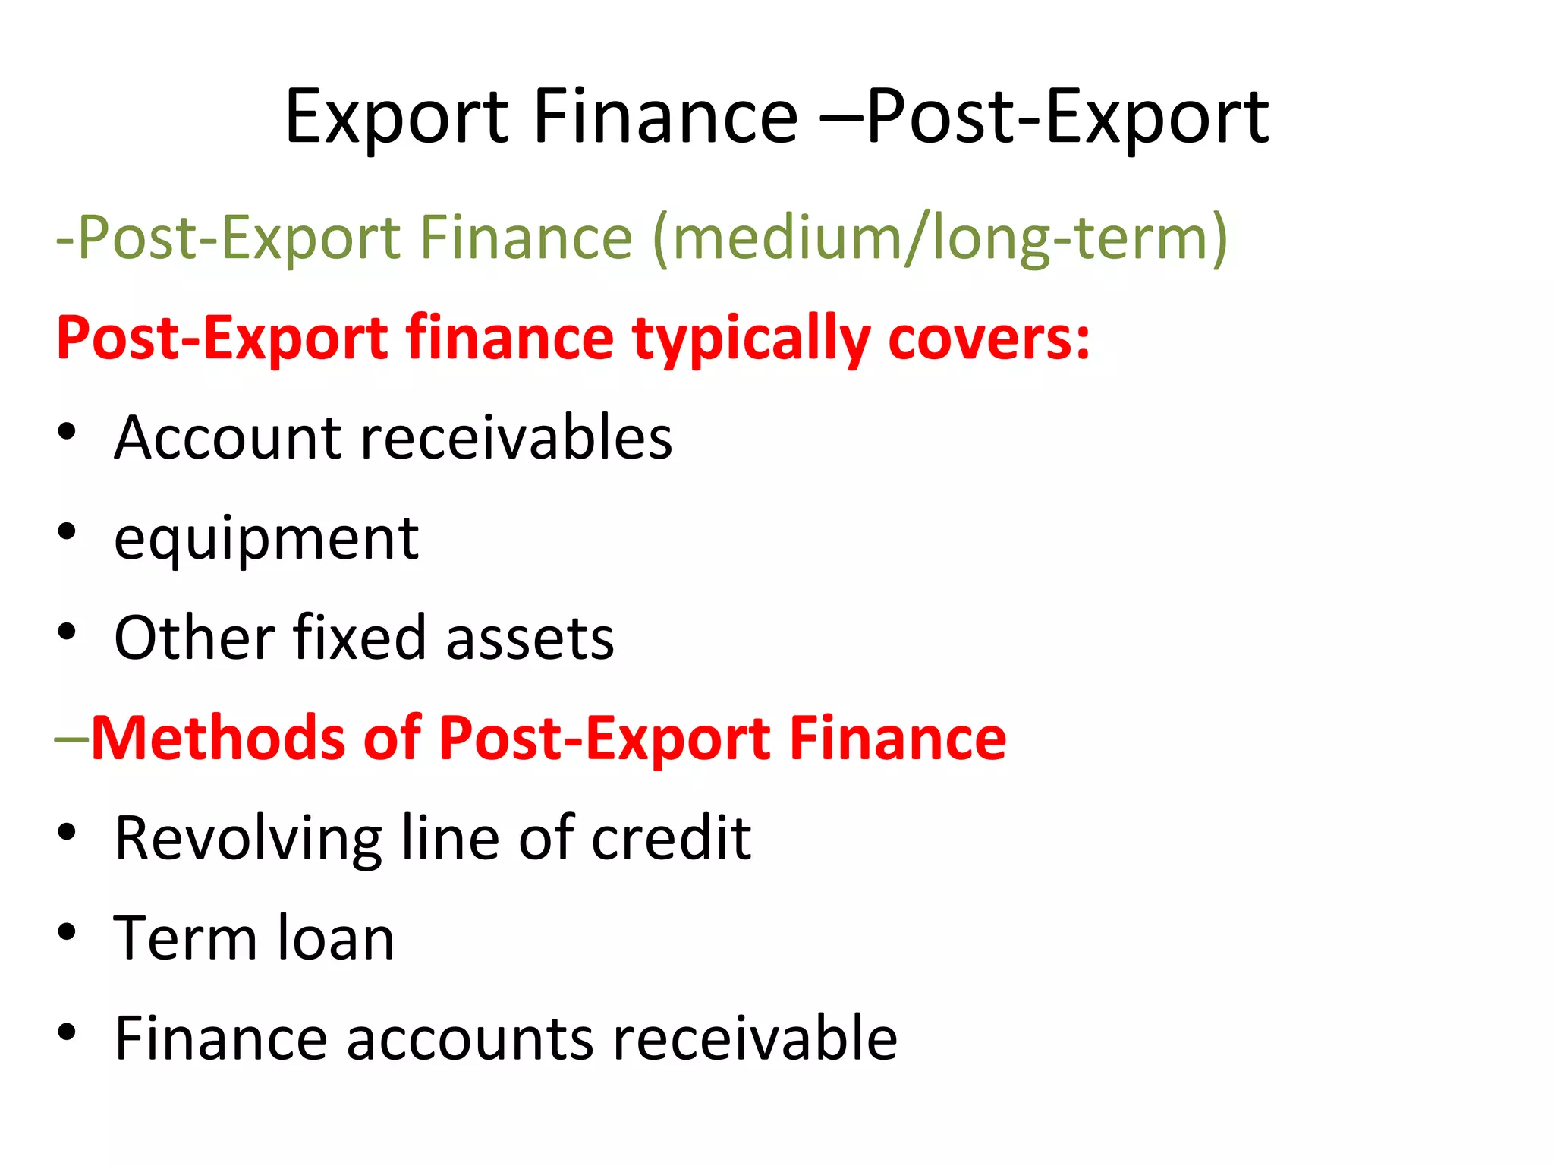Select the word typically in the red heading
click(x=751, y=339)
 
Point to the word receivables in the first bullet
click(x=516, y=438)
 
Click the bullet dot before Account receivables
click(x=67, y=432)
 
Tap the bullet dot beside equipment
click(x=67, y=532)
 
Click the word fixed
click(x=360, y=638)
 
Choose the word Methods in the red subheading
click(x=218, y=738)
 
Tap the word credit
click(x=671, y=838)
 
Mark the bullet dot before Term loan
click(x=67, y=933)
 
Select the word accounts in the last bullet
click(x=470, y=1039)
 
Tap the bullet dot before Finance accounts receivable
click(x=67, y=1032)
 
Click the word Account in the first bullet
click(x=228, y=438)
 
